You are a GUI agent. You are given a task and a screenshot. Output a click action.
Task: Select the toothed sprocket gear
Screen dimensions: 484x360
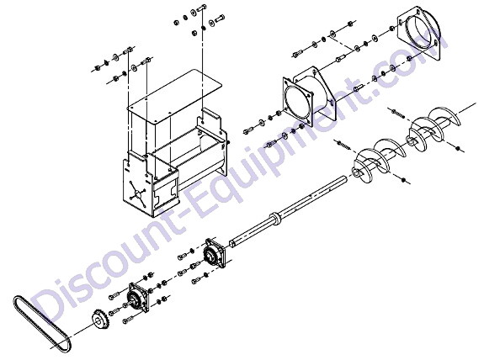click(100, 320)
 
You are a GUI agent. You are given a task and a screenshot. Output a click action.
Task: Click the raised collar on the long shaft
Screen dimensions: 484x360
click(274, 217)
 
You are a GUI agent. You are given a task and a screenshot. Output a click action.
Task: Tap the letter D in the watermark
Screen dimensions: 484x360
click(47, 305)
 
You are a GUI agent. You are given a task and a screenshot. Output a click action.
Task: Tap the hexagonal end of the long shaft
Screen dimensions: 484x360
click(231, 243)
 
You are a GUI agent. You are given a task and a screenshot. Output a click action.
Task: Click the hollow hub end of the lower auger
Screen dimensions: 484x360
click(356, 172)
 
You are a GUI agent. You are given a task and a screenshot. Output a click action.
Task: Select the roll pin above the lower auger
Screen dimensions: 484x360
click(343, 146)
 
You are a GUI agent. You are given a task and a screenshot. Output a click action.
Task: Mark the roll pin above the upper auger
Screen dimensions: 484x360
click(397, 114)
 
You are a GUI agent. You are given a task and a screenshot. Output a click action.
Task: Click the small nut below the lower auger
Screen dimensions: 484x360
click(403, 179)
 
